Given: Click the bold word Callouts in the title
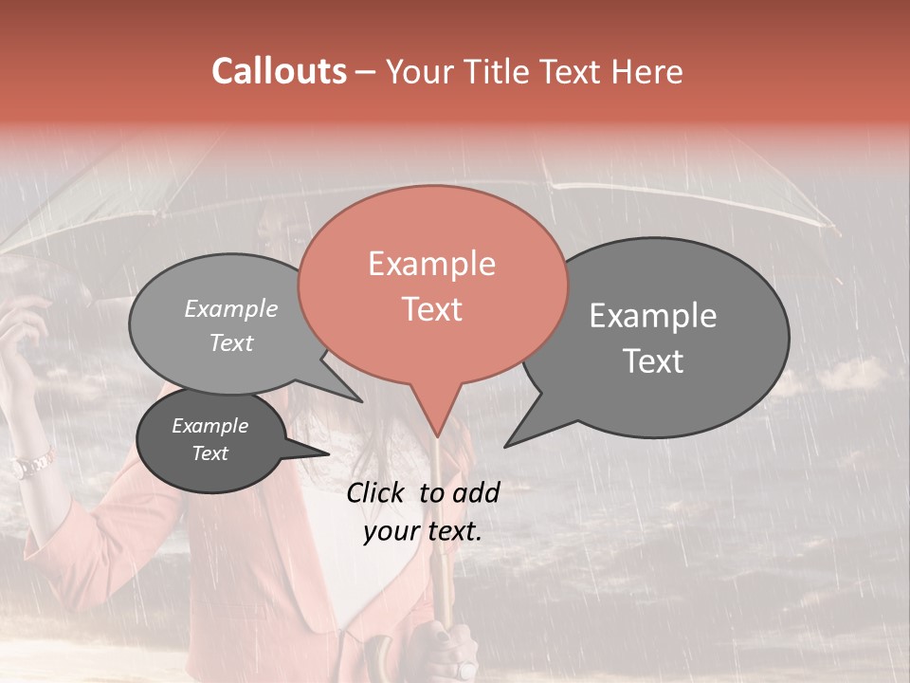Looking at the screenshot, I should pos(279,71).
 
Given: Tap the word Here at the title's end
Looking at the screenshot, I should pos(646,72).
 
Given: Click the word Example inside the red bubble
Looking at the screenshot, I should pos(431,264).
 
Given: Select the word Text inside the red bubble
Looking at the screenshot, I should pos(432,309).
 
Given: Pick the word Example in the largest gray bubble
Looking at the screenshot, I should pos(653,316).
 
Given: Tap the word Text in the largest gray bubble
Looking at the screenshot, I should pos(653,361).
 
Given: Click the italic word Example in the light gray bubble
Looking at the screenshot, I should pos(231,309).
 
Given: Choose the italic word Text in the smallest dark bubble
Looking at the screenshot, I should pos(210,453).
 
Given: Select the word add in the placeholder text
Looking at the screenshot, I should pos(477,492).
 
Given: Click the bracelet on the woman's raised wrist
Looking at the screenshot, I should pos(32,465).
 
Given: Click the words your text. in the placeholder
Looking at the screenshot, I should pos(423,531).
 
